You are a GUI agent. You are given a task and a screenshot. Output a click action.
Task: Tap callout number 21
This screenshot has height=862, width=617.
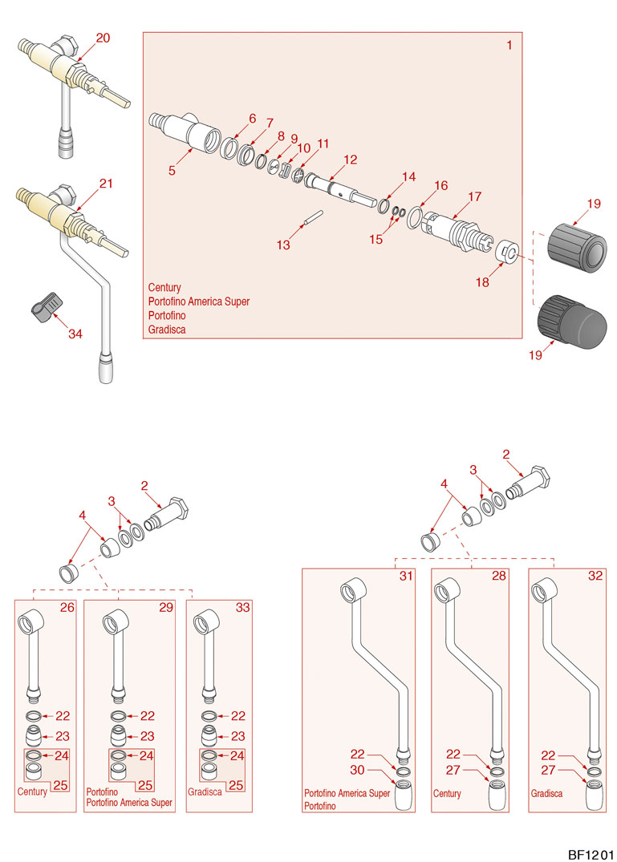coord(106,184)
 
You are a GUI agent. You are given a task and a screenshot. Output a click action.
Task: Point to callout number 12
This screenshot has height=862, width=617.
coord(350,160)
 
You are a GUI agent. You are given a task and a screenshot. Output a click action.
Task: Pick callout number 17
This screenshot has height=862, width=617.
coord(474,196)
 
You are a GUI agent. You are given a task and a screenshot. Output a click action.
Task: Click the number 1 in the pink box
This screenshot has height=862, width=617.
coord(509,45)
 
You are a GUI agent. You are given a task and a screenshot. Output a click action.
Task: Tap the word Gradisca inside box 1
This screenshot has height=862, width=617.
coord(167,330)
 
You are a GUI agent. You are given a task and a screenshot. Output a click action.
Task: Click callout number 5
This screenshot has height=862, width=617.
coord(172,169)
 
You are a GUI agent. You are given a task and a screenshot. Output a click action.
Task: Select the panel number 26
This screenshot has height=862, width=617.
coord(67,607)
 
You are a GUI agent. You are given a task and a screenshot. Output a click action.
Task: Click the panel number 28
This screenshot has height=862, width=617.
coord(499,577)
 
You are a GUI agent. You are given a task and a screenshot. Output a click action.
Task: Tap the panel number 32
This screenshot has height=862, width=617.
coord(595,577)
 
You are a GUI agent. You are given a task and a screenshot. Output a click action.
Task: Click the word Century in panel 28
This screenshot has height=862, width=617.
coord(448,794)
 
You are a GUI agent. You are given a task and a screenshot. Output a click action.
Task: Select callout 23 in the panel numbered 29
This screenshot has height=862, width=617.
coord(148,735)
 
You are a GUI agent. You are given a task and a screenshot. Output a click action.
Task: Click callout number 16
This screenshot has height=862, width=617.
coord(440,185)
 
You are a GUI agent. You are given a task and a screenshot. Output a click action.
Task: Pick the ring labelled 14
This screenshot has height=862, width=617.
coord(384,206)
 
